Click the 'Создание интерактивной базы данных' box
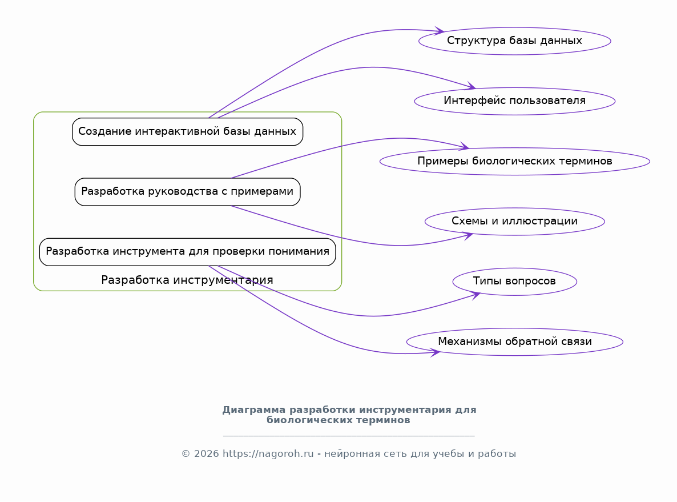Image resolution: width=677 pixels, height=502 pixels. pyautogui.click(x=187, y=132)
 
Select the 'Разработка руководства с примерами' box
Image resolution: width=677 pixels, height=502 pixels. pyautogui.click(x=187, y=192)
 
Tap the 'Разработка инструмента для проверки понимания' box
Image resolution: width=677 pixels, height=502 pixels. pyautogui.click(x=187, y=252)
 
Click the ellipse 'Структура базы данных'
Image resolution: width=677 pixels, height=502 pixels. pyautogui.click(x=515, y=41)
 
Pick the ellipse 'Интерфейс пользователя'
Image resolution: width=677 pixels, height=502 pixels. pyautogui.click(x=515, y=101)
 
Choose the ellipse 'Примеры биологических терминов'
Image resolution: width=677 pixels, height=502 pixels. pyautogui.click(x=515, y=161)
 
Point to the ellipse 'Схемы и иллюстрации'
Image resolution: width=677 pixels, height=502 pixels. pyautogui.click(x=515, y=221)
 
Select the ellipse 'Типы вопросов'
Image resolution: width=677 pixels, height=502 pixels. pyautogui.click(x=515, y=282)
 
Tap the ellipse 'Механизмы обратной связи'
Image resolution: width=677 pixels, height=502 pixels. pyautogui.click(x=515, y=342)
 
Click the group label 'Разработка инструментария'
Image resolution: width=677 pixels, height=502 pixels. pyautogui.click(x=187, y=280)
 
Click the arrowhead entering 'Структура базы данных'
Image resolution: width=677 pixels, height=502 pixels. pyautogui.click(x=440, y=31)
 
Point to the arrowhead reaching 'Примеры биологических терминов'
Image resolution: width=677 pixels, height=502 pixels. pyautogui.click(x=464, y=146)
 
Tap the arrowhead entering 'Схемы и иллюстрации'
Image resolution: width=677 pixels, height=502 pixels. pyautogui.click(x=468, y=235)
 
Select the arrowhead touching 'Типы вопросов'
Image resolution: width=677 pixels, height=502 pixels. pyautogui.click(x=475, y=295)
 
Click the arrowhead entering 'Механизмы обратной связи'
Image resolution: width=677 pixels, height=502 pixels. pyautogui.click(x=435, y=352)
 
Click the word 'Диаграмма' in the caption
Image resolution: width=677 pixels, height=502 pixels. pyautogui.click(x=254, y=409)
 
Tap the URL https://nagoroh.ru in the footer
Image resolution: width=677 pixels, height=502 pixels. pyautogui.click(x=268, y=453)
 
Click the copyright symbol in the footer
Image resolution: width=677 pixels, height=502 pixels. pyautogui.click(x=186, y=453)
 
